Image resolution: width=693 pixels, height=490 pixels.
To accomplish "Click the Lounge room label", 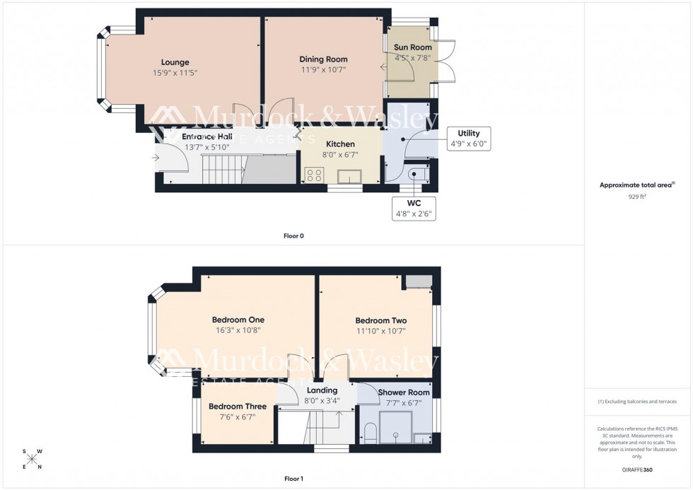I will [x=175, y=62].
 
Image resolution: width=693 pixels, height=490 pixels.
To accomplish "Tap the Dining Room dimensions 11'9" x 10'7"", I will [x=323, y=70].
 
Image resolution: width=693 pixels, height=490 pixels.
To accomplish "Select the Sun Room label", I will [x=412, y=47].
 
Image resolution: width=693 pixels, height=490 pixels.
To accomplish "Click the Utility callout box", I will [x=469, y=138].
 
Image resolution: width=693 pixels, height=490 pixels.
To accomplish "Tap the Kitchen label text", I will [x=340, y=144].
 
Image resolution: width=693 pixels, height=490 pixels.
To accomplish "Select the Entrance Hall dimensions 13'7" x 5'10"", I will [x=208, y=147].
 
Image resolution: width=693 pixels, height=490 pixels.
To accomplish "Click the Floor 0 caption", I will [x=293, y=235].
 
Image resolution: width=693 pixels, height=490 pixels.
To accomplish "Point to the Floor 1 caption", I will [x=293, y=479].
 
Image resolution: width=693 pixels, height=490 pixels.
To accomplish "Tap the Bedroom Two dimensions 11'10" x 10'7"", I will [x=380, y=330].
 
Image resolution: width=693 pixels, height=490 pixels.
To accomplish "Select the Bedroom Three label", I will [x=238, y=407].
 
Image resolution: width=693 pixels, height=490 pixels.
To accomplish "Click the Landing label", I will [x=322, y=390].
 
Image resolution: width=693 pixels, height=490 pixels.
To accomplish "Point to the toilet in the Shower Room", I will [x=368, y=433].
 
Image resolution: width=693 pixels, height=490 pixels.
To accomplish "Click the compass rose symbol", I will [x=33, y=459].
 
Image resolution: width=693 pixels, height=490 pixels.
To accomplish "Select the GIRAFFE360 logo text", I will [x=638, y=469].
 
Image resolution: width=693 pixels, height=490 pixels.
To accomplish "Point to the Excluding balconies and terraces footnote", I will [x=638, y=402].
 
